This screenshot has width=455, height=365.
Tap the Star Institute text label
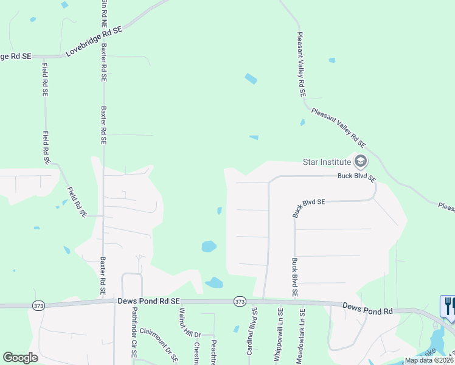point(327,162)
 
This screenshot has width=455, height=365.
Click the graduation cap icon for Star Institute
point(360,161)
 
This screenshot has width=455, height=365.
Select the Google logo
point(20,358)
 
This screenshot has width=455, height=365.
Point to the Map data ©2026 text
point(429,360)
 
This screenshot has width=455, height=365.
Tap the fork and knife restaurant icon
point(449,305)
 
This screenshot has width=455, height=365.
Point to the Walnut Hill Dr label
point(181,322)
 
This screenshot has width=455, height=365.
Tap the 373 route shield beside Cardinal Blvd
point(239,302)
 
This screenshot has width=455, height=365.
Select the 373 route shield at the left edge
point(38,305)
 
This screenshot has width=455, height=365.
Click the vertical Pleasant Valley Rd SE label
point(300,65)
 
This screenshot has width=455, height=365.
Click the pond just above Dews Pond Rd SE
point(214,282)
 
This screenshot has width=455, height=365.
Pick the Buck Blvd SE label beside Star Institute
point(357,178)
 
